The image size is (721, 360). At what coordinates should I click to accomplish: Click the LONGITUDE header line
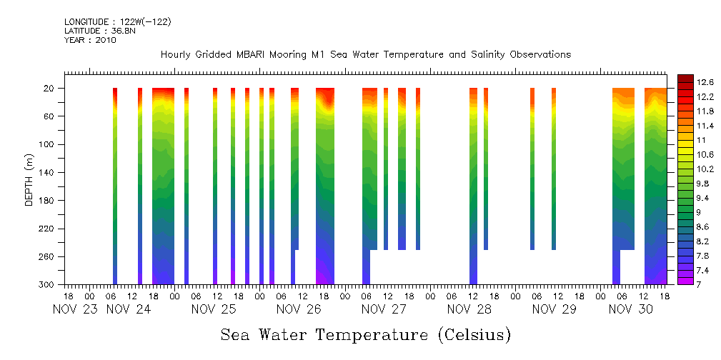pos(117,22)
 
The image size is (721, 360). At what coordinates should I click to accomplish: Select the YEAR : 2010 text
pos(90,40)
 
